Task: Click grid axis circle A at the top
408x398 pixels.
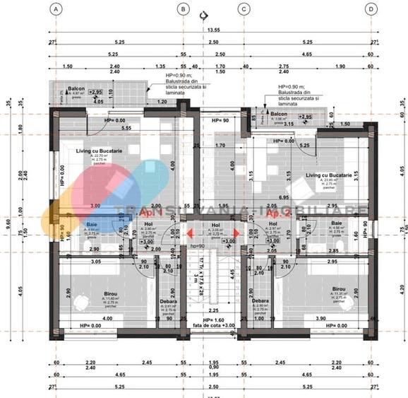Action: point(56,9)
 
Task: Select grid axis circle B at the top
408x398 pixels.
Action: point(184,9)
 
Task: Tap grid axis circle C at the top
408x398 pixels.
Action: point(244,9)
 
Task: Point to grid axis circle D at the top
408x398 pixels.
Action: point(371,9)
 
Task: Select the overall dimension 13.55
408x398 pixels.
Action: point(213,30)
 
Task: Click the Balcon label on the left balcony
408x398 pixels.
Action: point(76,90)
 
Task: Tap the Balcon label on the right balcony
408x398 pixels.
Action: point(280,113)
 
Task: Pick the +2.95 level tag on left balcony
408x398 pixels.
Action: point(96,92)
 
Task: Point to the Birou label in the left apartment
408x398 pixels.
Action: point(90,293)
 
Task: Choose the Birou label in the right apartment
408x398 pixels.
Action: point(339,289)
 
